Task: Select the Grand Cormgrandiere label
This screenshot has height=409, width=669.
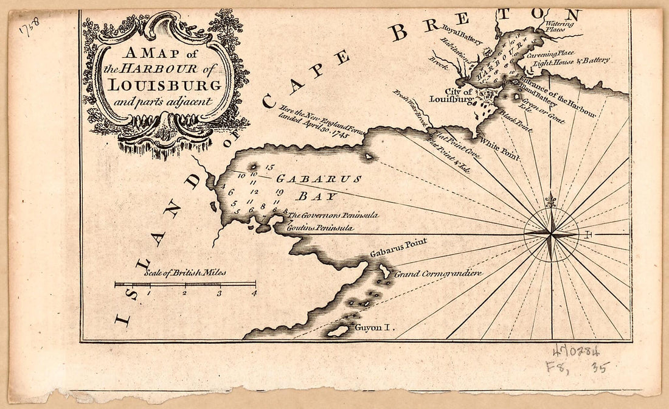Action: point(438,274)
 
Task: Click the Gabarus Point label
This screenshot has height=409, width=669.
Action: point(398,247)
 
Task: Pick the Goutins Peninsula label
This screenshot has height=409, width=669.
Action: point(320,228)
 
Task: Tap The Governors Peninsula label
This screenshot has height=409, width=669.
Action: point(333,215)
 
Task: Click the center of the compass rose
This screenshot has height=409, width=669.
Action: point(551,234)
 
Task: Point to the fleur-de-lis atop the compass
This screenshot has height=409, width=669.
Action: point(551,200)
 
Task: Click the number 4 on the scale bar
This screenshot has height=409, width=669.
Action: point(254,293)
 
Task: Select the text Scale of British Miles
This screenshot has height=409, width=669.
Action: point(185,273)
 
